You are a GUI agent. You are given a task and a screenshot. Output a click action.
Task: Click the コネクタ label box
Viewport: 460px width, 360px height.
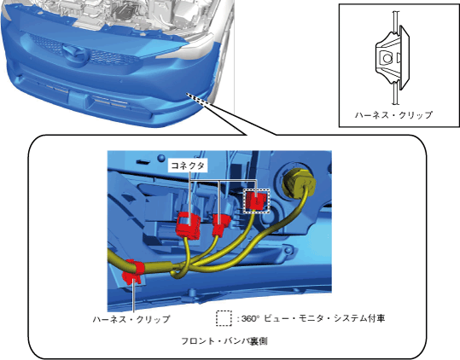pos(188,165)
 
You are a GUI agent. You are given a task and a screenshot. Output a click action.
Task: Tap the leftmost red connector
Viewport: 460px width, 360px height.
pos(188,225)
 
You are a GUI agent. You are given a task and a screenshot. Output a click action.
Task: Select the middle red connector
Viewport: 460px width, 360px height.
pos(219,224)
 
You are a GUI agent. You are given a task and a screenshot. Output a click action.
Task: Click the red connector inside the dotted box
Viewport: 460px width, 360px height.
pos(257,200)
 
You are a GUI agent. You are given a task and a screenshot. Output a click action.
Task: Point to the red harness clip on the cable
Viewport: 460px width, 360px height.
pos(133,272)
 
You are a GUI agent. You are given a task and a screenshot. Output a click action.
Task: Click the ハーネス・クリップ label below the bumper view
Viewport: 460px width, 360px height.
pos(131,319)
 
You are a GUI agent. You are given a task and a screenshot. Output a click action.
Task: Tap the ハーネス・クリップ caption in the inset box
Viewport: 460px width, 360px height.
pos(393,115)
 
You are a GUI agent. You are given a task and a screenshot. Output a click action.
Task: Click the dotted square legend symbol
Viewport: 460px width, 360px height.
pos(224,318)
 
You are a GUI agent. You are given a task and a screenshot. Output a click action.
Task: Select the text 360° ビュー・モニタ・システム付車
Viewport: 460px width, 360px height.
pos(313,318)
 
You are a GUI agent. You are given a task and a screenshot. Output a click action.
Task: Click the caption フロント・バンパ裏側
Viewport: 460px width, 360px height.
pos(224,341)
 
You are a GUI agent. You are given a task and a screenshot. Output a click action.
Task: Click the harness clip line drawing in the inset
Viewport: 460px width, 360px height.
pos(393,58)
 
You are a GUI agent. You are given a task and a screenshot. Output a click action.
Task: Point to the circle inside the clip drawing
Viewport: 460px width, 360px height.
pos(387,58)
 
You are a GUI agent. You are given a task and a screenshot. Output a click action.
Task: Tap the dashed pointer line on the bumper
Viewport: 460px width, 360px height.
pos(199,99)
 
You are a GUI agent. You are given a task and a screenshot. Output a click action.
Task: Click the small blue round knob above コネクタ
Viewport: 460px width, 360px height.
pos(160,158)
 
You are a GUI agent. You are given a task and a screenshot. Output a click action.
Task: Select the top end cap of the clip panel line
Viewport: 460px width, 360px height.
pos(396,12)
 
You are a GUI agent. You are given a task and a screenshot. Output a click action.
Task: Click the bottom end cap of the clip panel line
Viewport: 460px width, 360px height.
pos(396,104)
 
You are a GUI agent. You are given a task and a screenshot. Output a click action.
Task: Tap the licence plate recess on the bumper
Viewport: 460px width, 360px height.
pos(76,101)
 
